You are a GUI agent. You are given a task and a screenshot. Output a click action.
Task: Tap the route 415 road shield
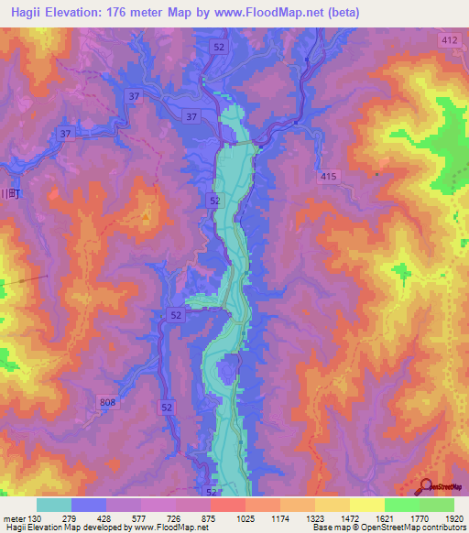click(x=329, y=176)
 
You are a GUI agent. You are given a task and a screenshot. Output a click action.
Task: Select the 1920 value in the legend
click(x=453, y=518)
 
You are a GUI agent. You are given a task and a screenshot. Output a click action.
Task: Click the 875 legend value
click(x=211, y=518)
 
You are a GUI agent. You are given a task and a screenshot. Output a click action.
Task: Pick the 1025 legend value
click(x=245, y=518)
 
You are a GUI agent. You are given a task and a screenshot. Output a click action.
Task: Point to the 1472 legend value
click(x=349, y=518)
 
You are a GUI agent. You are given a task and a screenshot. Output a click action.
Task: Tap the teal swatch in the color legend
click(x=53, y=505)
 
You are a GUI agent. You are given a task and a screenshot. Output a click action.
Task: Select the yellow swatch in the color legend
click(x=366, y=505)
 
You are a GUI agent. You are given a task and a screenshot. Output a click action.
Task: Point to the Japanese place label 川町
click(x=10, y=193)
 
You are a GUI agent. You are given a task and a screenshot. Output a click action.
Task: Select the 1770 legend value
click(x=418, y=518)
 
